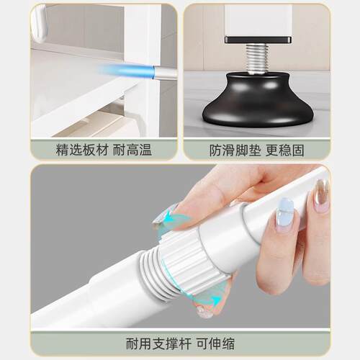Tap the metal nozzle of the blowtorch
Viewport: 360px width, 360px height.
coord(164,73)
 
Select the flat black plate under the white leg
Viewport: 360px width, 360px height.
coord(258,39)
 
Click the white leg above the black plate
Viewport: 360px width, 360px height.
coord(258,19)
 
